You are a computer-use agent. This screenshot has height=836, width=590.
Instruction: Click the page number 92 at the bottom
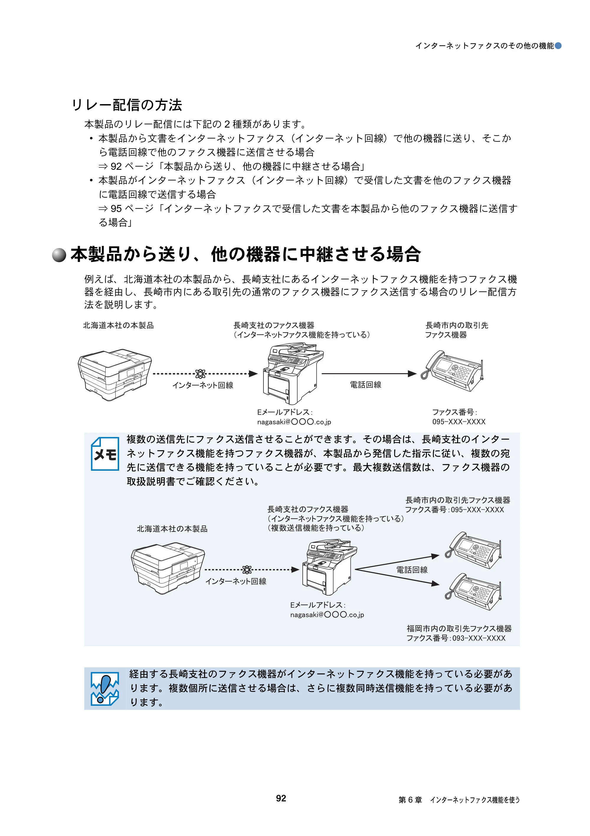pos(281,798)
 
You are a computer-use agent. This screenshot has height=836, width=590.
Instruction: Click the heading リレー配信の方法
pos(127,105)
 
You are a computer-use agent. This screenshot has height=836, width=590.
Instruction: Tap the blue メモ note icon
pos(105,454)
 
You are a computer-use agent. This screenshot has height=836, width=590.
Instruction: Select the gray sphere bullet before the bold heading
pos(59,255)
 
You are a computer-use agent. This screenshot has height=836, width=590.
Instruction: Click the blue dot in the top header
pos(558,45)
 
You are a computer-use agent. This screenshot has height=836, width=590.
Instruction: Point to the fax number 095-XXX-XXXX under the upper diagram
pos(459,422)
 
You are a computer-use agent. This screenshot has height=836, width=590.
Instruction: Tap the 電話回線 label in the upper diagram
pos(365,385)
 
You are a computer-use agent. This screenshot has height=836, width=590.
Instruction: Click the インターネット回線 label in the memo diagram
pos(236,581)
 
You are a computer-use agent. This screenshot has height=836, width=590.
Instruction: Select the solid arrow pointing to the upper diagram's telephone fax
pos(369,374)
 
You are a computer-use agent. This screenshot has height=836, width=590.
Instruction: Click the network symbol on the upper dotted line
pos(200,374)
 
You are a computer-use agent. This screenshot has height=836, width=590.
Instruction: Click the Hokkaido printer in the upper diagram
pos(114,375)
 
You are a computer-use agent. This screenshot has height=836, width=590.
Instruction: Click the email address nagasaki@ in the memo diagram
pos(327,615)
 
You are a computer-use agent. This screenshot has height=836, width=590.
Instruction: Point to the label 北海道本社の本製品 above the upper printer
pos(119,325)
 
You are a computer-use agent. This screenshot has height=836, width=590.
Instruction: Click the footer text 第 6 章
pos(410,800)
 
